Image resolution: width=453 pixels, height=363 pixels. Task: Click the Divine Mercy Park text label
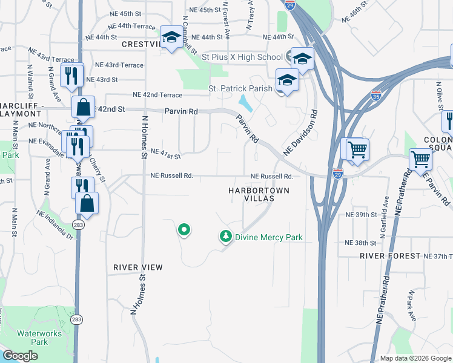[268, 237]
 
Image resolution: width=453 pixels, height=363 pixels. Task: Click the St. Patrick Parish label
[240, 88]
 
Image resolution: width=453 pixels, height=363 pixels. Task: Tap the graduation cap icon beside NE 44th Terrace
[171, 38]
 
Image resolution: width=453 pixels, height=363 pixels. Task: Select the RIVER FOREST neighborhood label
[389, 256]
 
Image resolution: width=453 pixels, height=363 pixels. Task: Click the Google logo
[20, 356]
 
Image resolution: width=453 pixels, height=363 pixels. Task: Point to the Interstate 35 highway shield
[375, 96]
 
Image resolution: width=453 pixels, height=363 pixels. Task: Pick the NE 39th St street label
[360, 215]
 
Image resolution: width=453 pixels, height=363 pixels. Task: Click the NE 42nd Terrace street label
[157, 95]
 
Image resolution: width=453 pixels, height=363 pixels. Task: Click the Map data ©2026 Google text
[415, 358]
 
